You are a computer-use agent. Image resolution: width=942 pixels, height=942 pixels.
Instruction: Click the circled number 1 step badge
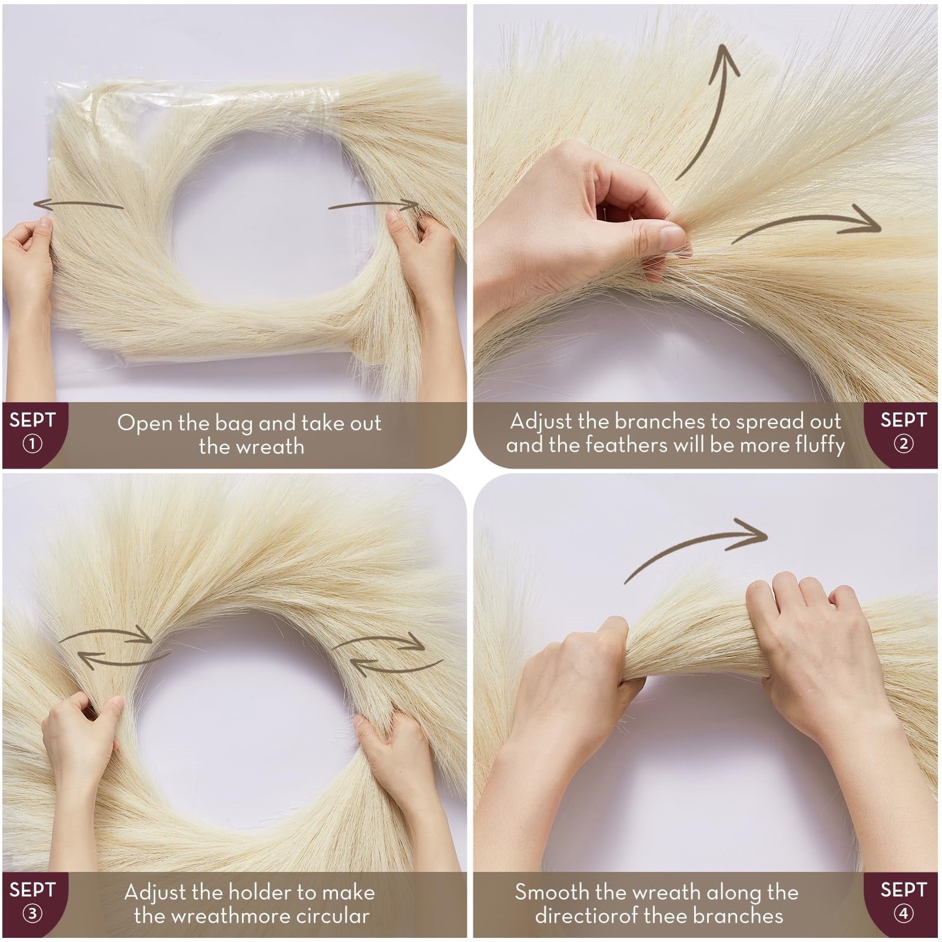click(x=32, y=443)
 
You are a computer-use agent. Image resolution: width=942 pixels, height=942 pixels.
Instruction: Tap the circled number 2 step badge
click(x=903, y=443)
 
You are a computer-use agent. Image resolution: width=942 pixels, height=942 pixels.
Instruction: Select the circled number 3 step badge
click(x=32, y=913)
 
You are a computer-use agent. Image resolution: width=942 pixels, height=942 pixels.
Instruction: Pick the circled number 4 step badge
click(x=903, y=913)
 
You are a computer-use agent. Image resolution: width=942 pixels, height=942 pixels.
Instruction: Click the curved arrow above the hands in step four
click(x=695, y=544)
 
